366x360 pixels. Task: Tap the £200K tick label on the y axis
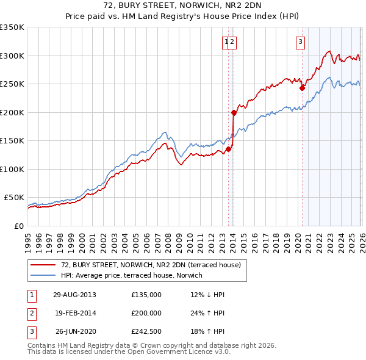pyautogui.click(x=12, y=112)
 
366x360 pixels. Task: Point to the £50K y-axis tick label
pyautogui.click(x=14, y=198)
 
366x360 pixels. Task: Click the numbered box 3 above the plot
pyautogui.click(x=301, y=41)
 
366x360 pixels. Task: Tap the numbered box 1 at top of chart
pyautogui.click(x=226, y=41)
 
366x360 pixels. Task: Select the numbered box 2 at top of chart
pyautogui.click(x=233, y=41)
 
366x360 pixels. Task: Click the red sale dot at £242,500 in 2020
pyautogui.click(x=302, y=88)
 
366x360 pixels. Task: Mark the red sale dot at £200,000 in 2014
pyautogui.click(x=234, y=112)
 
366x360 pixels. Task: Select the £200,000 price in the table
pyautogui.click(x=146, y=314)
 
